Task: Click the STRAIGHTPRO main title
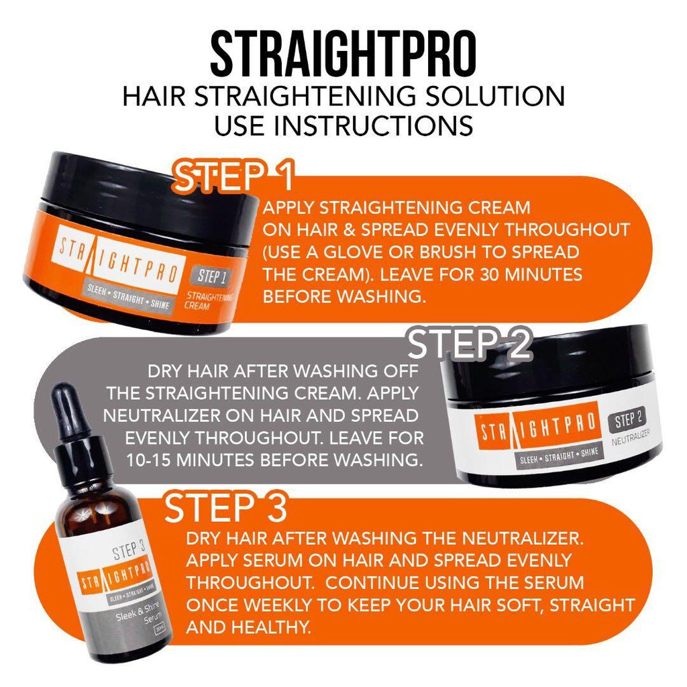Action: point(343,54)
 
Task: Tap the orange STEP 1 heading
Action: point(233,176)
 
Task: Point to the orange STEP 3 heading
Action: point(225,507)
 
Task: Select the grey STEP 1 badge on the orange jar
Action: point(211,276)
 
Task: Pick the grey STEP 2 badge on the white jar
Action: point(628,421)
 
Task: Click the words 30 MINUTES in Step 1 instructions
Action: point(531,274)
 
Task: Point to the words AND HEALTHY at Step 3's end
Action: point(248,627)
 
